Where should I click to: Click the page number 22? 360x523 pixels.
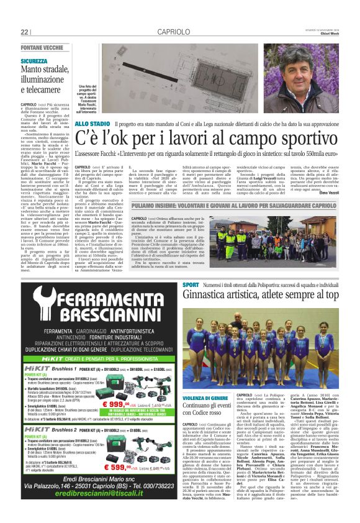point(25,32)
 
